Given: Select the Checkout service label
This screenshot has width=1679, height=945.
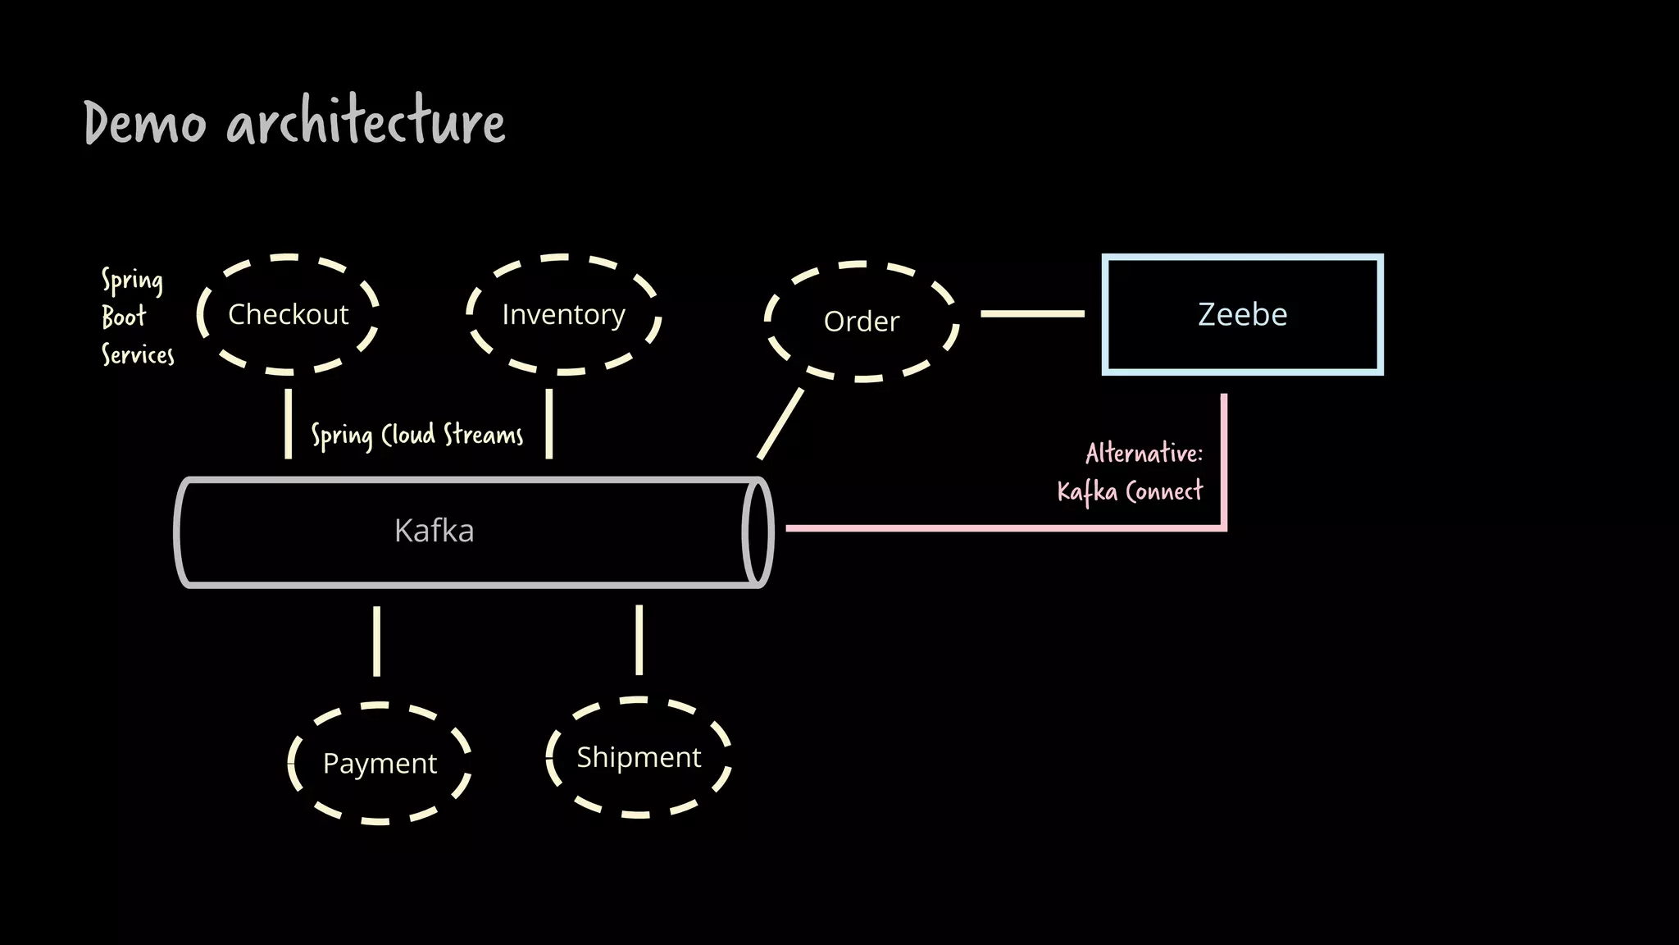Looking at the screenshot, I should coord(288,314).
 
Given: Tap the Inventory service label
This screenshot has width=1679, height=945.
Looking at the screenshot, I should coord(563,314).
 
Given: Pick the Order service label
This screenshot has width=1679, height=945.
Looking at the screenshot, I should coord(861,322).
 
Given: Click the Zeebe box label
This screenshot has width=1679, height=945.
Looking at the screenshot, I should coord(1242,314).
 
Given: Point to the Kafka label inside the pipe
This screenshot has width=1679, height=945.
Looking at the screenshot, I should coord(434,531).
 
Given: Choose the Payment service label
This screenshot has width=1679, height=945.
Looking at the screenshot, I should coord(380,763).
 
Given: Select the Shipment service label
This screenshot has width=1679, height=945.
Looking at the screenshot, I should coord(639,757).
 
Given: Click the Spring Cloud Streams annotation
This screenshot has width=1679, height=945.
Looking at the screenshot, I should coord(416,435).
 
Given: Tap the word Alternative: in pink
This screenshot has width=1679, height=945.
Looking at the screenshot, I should coord(1144,453).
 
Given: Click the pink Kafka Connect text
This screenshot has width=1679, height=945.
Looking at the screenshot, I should coord(1130,491).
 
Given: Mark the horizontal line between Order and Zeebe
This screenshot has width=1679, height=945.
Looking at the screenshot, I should coord(1032,313).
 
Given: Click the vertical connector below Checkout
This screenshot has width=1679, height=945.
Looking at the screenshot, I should coord(288,423).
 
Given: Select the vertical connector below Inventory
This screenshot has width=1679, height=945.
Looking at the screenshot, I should coord(549,423).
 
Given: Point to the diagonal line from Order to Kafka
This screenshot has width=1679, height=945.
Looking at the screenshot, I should coord(780,423).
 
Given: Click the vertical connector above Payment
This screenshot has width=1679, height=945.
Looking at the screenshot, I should coord(376,641).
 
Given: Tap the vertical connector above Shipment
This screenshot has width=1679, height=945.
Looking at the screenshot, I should coord(639,640).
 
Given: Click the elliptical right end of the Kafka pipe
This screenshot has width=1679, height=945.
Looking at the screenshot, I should coord(758,532).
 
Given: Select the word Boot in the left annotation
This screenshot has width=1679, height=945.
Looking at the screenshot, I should coord(124,317).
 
